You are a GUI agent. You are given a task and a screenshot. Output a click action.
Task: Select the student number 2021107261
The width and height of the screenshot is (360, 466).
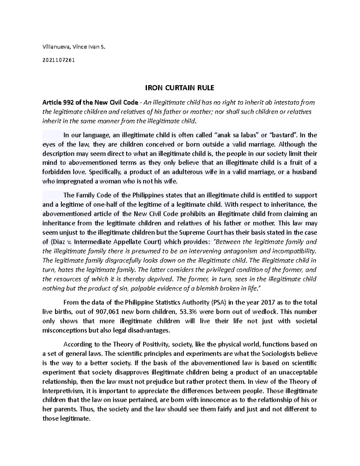click(x=58, y=60)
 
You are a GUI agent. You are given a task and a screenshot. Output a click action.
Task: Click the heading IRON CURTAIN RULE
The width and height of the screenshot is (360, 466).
click(x=180, y=88)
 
